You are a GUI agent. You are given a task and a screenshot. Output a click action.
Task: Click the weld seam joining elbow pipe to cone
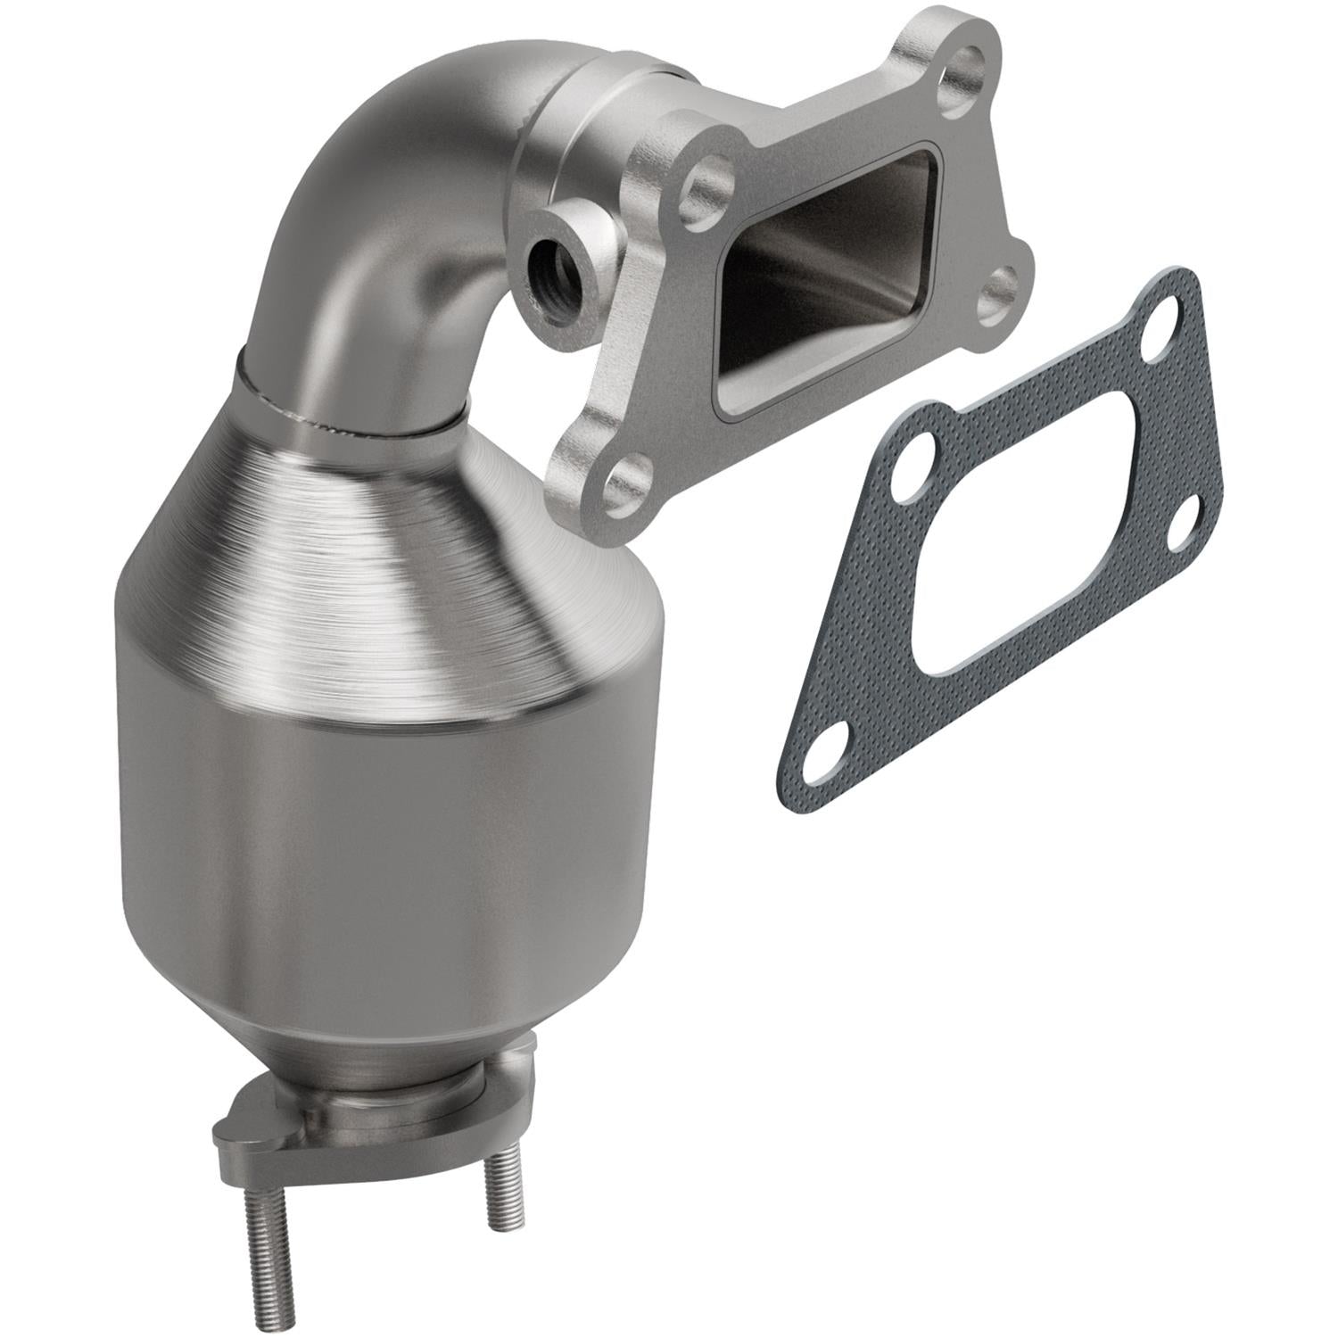click(348, 419)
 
